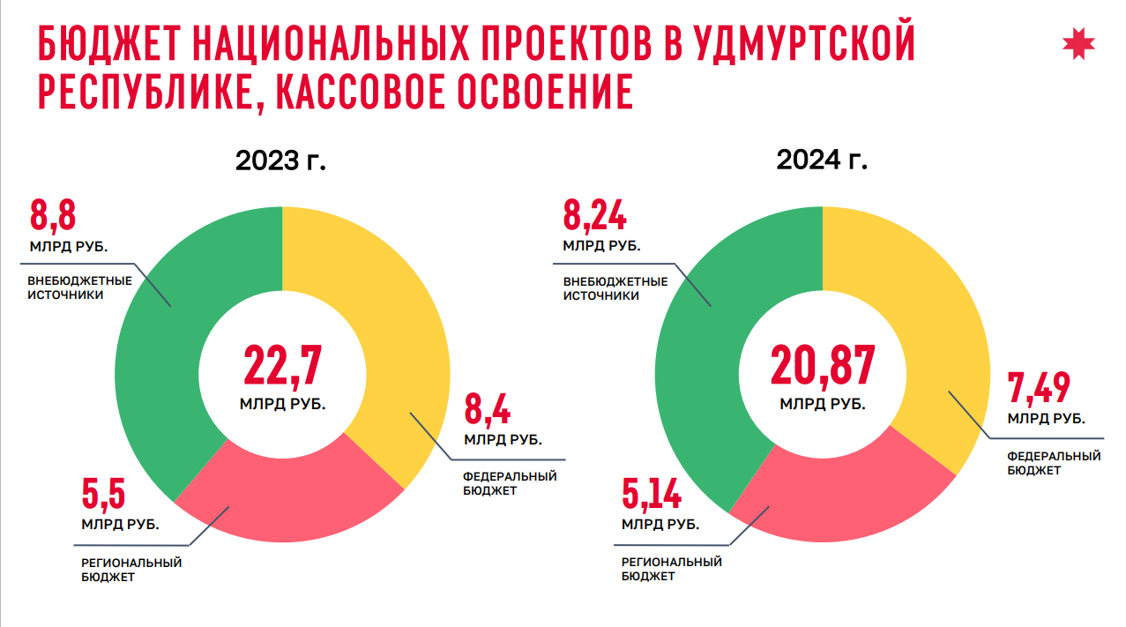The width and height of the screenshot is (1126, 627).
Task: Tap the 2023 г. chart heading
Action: (x=280, y=161)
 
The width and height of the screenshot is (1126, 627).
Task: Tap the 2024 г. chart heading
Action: (x=822, y=160)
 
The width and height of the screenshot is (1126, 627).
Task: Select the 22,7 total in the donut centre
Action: (x=282, y=366)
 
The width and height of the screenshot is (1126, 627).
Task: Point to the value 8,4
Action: (x=488, y=410)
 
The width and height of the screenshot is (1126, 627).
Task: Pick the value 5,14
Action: (x=652, y=495)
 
